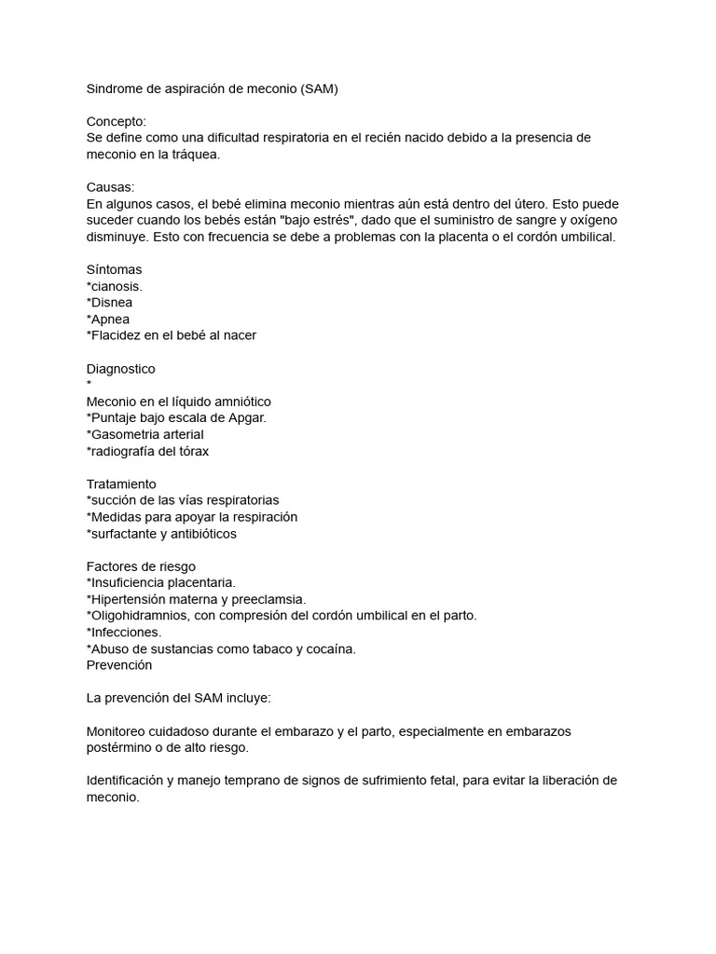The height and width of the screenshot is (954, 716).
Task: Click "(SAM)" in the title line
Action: (x=319, y=89)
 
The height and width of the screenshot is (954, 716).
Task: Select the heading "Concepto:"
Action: (x=117, y=121)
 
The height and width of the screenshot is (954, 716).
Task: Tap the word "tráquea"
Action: (x=193, y=155)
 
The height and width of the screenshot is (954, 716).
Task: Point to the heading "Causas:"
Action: (x=111, y=187)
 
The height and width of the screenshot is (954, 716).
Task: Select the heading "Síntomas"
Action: (x=115, y=269)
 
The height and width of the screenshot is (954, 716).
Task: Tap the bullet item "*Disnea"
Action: (x=109, y=303)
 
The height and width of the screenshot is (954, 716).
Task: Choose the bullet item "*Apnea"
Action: (x=108, y=320)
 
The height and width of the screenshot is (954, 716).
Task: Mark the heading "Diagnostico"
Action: (x=121, y=369)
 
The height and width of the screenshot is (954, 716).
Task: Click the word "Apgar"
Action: (x=245, y=417)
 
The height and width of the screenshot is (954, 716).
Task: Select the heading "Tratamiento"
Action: (x=121, y=484)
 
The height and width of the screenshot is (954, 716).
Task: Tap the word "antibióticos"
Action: (x=200, y=534)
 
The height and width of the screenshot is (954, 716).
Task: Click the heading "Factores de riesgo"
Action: (x=141, y=566)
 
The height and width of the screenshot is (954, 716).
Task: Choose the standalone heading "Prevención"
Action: (x=119, y=665)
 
